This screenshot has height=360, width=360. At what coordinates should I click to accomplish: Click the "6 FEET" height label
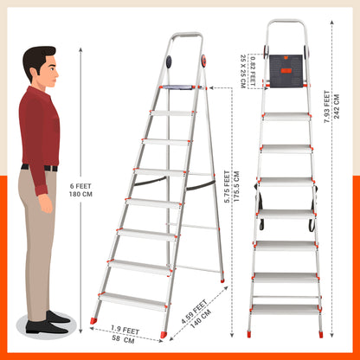click(80, 186)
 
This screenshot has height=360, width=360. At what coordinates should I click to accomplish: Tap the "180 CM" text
click(80, 194)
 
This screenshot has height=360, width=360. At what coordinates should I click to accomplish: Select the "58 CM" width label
click(123, 340)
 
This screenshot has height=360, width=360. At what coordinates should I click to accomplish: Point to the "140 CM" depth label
click(201, 318)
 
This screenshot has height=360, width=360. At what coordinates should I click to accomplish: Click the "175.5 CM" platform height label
click(236, 187)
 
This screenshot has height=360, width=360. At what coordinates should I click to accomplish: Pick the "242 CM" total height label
click(337, 106)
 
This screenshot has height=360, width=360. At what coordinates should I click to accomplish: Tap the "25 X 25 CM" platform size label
click(243, 71)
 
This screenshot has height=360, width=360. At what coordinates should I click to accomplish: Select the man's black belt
click(39, 168)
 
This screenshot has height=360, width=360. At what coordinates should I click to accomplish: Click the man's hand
click(46, 203)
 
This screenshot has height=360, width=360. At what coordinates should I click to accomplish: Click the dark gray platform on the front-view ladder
click(286, 71)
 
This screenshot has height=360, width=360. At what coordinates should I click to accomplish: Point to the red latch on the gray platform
click(286, 71)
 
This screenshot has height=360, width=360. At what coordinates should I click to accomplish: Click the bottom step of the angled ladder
click(133, 301)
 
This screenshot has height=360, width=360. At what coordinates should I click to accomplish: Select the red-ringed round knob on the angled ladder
click(203, 61)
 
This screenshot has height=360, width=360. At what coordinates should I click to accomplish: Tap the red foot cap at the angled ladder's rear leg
click(222, 280)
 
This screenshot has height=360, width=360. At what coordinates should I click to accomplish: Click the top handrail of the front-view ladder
click(286, 22)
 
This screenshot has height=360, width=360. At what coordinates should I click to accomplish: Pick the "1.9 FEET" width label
click(125, 330)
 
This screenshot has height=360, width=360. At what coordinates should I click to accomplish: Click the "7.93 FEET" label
click(327, 106)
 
